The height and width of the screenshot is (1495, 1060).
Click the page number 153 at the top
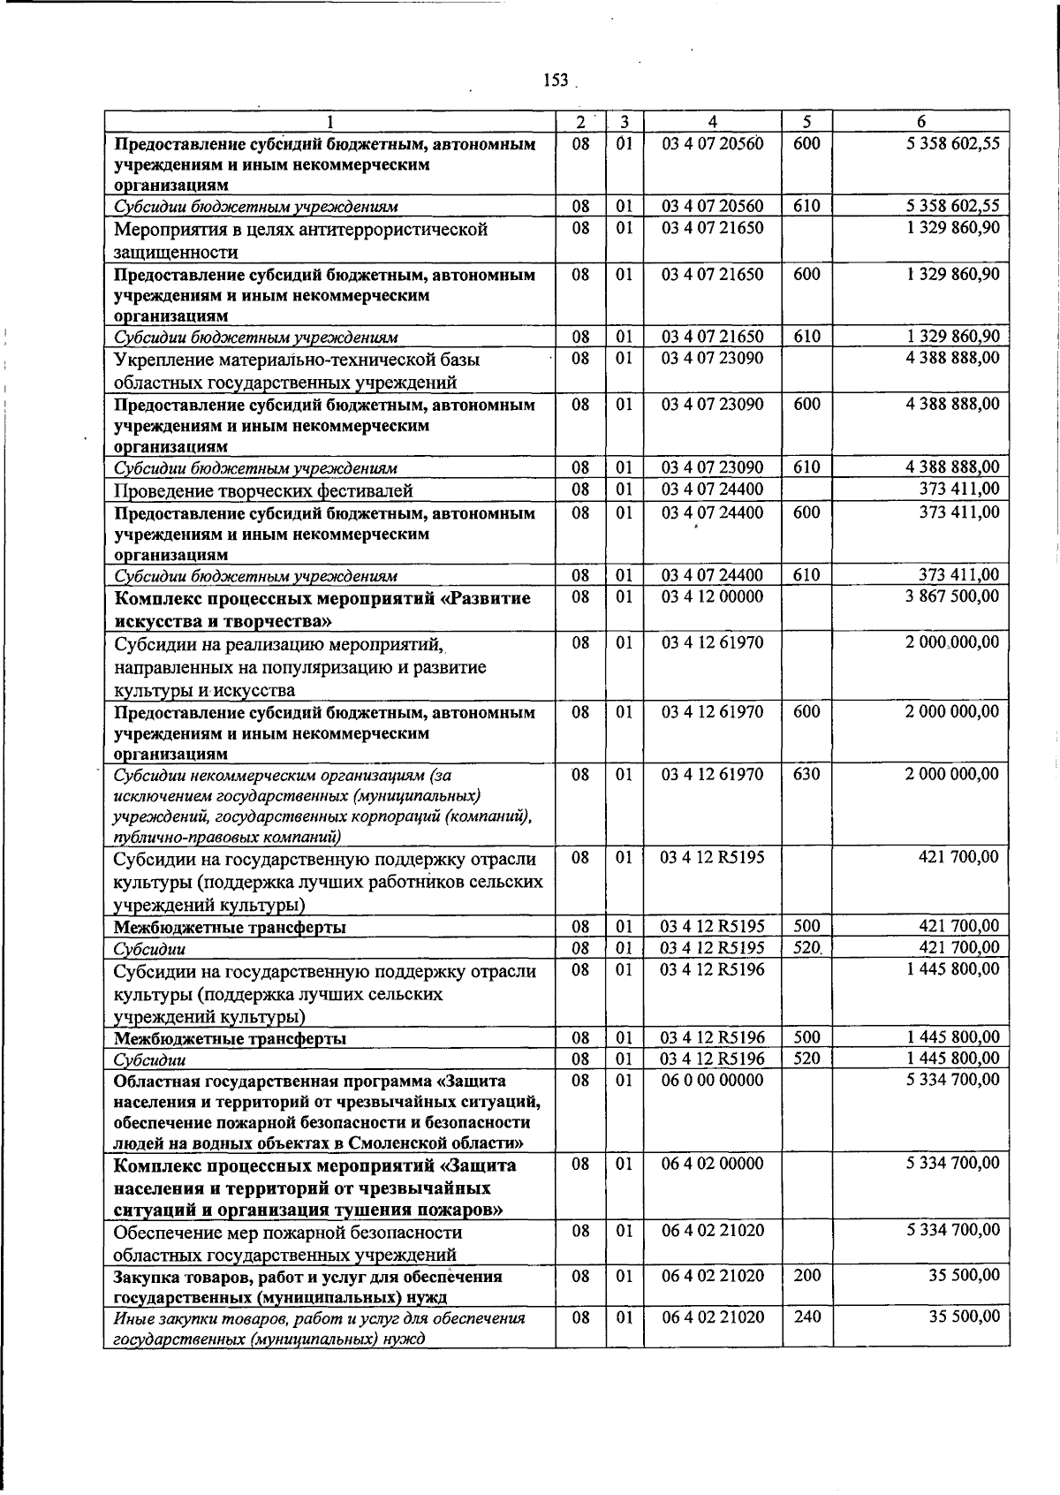pos(556,80)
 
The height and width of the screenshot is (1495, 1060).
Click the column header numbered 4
pos(712,122)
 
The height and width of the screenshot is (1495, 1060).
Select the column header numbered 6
pos(921,122)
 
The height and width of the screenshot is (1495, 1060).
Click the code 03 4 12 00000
pos(712,596)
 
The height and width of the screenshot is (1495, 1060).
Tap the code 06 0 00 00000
pos(712,1080)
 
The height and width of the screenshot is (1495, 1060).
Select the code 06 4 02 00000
pos(712,1164)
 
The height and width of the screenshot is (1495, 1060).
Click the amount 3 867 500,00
pos(952,596)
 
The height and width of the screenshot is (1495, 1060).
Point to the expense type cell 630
pos(806,774)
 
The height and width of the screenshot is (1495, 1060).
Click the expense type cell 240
pos(806,1317)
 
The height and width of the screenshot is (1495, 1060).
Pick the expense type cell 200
pos(806,1276)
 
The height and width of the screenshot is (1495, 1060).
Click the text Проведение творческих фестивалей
pos(263,490)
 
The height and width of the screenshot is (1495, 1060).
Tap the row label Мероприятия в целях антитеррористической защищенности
pos(300,240)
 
